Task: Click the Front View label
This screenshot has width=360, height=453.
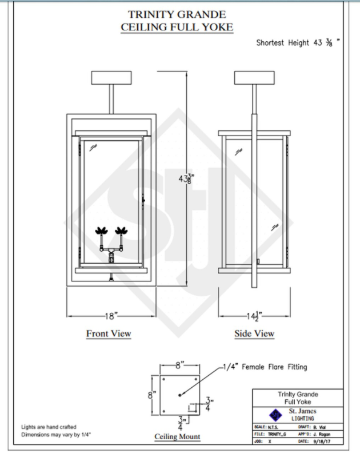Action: (109, 333)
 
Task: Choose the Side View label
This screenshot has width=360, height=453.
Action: (254, 333)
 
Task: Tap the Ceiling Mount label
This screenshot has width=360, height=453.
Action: (177, 437)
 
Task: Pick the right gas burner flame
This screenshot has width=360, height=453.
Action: (121, 231)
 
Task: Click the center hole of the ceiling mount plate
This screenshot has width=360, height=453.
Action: (180, 395)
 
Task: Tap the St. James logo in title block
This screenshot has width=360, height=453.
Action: (277, 414)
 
